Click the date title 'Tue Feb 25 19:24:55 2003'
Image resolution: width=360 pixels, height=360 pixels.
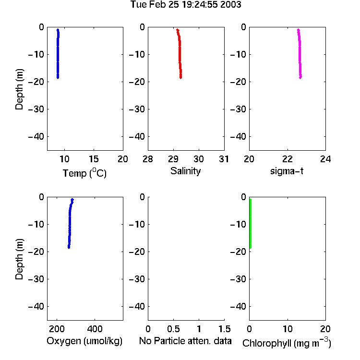[x=186, y=5]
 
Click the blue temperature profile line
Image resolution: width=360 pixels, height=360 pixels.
[x=58, y=54]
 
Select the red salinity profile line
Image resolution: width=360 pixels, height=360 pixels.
[x=180, y=54]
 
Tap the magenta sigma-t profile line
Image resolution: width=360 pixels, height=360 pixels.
[x=300, y=54]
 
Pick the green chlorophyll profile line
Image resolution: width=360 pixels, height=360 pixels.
[x=250, y=224]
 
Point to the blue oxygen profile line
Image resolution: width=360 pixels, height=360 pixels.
[x=70, y=224]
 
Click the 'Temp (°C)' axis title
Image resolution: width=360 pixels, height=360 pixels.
[x=84, y=173]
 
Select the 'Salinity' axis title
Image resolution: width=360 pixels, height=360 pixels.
[x=185, y=171]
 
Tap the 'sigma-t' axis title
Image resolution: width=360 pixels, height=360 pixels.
[x=287, y=171]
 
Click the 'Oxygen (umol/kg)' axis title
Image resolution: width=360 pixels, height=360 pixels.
[x=84, y=341]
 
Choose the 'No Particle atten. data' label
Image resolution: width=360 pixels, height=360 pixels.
[x=185, y=341]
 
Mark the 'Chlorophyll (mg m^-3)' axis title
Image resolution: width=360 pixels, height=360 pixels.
[x=287, y=342]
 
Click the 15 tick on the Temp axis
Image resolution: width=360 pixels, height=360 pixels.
[x=94, y=159]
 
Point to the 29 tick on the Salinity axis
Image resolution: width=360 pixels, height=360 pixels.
[x=173, y=159]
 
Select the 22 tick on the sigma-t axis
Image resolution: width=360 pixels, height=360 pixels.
[x=288, y=159]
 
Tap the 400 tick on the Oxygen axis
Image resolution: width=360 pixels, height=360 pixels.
[x=95, y=329]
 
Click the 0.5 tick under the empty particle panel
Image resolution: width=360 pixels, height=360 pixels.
[x=173, y=329]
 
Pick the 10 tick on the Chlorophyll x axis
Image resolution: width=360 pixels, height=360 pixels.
[x=288, y=329]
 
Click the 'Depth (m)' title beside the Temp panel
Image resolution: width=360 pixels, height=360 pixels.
[x=19, y=89]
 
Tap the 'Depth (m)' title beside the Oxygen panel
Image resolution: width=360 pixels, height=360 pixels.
[x=19, y=259]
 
